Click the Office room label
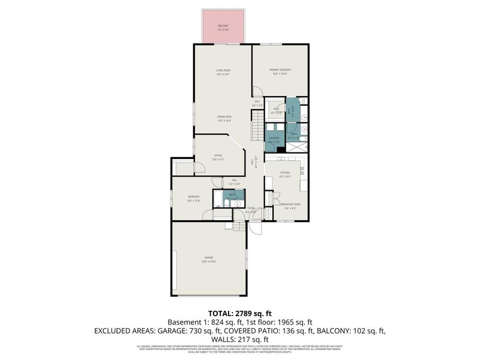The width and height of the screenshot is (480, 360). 218,157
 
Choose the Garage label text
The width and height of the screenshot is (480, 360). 208,260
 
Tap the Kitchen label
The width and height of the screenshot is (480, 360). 285,173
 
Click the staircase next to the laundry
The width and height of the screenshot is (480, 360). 257,128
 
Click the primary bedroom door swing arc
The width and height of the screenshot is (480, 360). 257,92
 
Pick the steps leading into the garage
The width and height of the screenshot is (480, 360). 239,226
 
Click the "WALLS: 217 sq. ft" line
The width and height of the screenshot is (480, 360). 239,339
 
